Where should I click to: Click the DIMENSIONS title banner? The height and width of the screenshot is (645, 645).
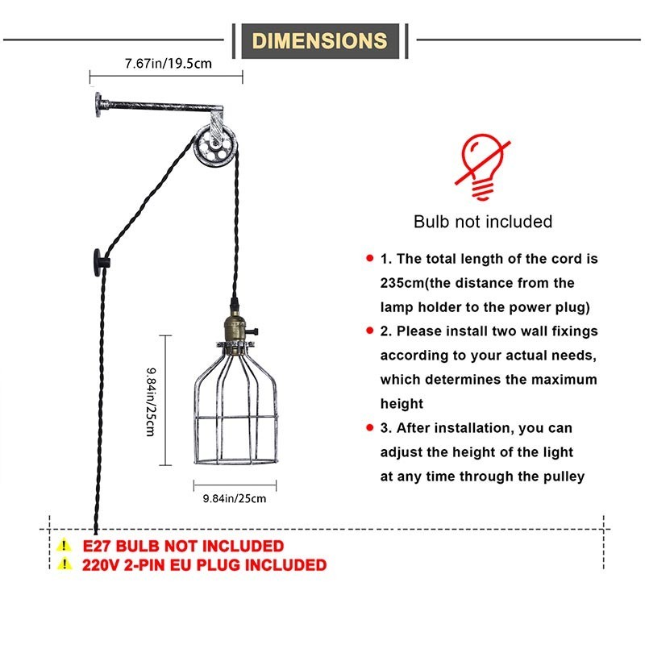(x=320, y=41)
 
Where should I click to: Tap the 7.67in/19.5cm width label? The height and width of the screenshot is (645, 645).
(x=169, y=64)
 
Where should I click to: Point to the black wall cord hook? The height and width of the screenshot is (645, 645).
(x=102, y=263)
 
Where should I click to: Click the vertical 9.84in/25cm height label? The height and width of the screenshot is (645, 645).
(x=152, y=402)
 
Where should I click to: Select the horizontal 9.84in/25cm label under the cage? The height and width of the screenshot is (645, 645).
(x=235, y=498)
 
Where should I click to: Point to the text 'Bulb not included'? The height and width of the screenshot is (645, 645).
(x=483, y=222)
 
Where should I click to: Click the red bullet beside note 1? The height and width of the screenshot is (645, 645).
(x=370, y=258)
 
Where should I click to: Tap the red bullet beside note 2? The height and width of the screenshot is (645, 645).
(x=370, y=331)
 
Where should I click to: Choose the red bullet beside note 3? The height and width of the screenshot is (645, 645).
(x=370, y=427)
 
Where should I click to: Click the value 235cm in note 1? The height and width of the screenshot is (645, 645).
(x=402, y=283)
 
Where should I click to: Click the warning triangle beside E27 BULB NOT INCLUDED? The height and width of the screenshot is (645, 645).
(x=64, y=546)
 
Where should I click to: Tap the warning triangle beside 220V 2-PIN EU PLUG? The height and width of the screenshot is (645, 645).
(x=64, y=564)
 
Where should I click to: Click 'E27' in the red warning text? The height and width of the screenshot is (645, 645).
(x=97, y=546)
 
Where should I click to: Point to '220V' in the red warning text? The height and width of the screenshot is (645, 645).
(x=101, y=565)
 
